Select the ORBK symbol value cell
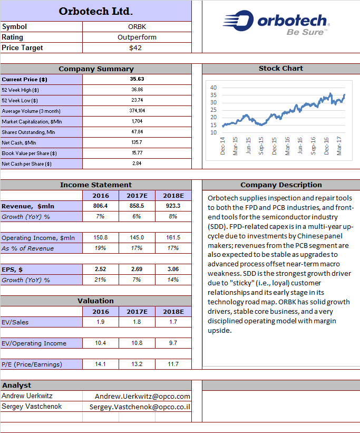pyautogui.click(x=137, y=27)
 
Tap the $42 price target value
pyautogui.click(x=135, y=48)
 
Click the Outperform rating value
pyautogui.click(x=137, y=37)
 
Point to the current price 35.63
pyautogui.click(x=137, y=79)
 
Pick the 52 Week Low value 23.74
pyautogui.click(x=137, y=100)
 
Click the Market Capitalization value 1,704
pyautogui.click(x=137, y=121)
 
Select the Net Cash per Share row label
pyautogui.click(x=26, y=163)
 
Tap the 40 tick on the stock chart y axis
pyautogui.click(x=213, y=88)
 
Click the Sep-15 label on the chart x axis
pyautogui.click(x=261, y=146)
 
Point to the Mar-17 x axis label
pyautogui.click(x=339, y=146)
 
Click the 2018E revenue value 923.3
pyautogui.click(x=173, y=206)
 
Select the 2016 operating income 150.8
pyautogui.click(x=101, y=237)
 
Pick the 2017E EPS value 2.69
pyautogui.click(x=137, y=269)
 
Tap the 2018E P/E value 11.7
pyautogui.click(x=173, y=364)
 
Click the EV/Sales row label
pyautogui.click(x=15, y=322)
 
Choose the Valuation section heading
pyautogui.click(x=95, y=301)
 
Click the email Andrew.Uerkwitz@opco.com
pyautogui.click(x=142, y=396)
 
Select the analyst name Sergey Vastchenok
pyautogui.click(x=32, y=407)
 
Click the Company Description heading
pyautogui.click(x=281, y=185)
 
